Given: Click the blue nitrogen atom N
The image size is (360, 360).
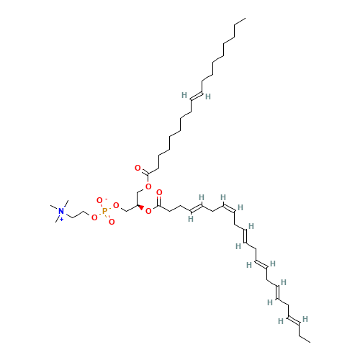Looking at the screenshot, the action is [61, 211].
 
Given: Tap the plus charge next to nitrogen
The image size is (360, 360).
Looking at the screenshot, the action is [62, 219].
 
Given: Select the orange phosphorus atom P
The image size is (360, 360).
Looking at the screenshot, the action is [104, 211].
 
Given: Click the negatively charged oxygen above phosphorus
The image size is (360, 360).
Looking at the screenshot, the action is [99, 200].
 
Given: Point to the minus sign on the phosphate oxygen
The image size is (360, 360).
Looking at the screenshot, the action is [106, 199].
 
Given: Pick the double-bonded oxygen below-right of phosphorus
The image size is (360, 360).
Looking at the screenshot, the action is [112, 222].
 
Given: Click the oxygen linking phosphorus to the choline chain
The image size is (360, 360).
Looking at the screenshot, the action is [94, 217].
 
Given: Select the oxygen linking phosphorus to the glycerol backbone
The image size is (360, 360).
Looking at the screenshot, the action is [116, 205].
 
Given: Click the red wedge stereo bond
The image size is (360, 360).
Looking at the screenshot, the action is [140, 207].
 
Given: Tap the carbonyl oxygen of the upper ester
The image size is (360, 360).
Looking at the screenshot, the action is [138, 168].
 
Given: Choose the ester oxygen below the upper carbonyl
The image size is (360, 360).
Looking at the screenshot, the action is [148, 186].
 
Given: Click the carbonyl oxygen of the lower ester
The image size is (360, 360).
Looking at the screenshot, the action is [159, 192].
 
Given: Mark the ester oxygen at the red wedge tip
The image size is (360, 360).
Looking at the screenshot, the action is [148, 211].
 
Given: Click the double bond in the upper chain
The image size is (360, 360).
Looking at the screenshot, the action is [197, 96].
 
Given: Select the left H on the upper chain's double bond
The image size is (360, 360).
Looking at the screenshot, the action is [184, 95].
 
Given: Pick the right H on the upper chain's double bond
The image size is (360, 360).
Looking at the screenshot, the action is [208, 96].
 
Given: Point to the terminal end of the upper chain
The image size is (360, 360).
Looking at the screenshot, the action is [246, 18].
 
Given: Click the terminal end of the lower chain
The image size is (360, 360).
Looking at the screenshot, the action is [310, 342].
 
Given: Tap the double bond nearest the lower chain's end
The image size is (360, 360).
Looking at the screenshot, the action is [294, 320].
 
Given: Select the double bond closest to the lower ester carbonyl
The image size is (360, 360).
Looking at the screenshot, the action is [197, 208].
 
